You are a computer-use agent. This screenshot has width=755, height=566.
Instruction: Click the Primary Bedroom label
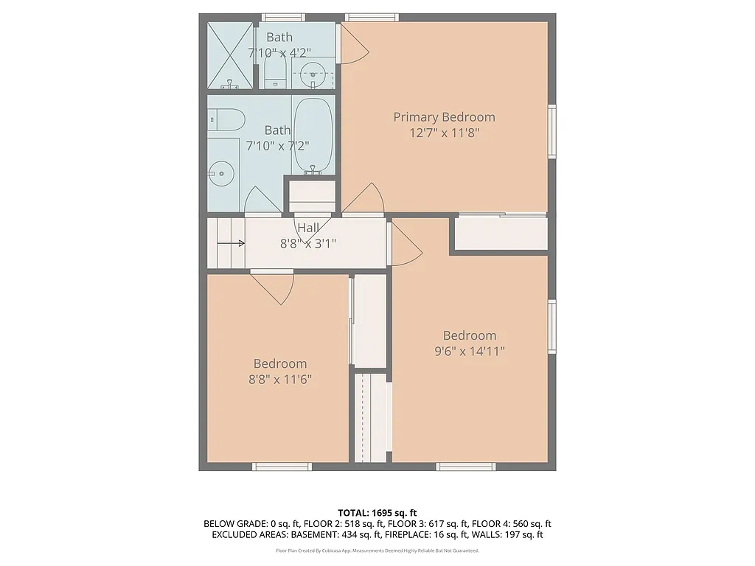click(x=444, y=116)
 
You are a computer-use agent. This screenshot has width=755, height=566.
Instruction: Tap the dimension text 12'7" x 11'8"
click(x=444, y=133)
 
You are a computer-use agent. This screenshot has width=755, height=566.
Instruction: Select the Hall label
click(x=308, y=228)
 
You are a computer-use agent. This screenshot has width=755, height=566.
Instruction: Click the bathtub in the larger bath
click(x=313, y=134)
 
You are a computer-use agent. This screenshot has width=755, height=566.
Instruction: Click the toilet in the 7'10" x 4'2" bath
click(x=275, y=71)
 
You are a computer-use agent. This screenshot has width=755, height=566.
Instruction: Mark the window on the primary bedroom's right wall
click(x=552, y=131)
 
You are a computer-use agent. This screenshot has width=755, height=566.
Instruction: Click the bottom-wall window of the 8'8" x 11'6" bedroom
click(x=282, y=467)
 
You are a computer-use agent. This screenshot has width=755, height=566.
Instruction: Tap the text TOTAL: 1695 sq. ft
click(x=377, y=512)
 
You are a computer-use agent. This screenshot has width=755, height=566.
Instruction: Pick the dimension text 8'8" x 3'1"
click(x=308, y=243)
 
